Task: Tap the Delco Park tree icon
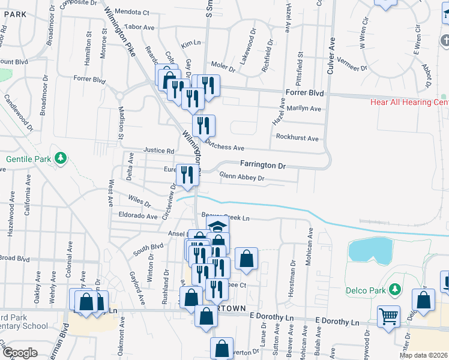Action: pos(395,290)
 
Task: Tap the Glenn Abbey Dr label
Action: pos(242,177)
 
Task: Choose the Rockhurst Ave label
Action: pos(297,138)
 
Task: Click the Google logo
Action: pos(20,352)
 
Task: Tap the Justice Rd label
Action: pos(158,151)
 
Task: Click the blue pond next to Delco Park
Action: pos(372,250)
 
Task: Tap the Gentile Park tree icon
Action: pos(61,158)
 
